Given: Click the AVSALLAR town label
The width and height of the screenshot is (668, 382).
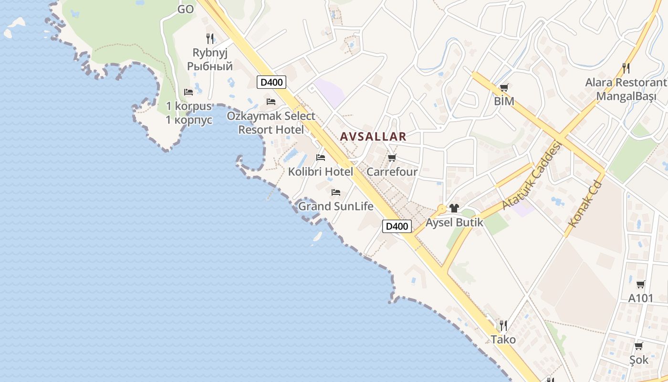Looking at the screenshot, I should click(373, 137).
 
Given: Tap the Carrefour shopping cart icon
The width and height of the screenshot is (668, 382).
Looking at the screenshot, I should click(392, 158).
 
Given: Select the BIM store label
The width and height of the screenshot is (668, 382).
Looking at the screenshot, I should click(504, 101).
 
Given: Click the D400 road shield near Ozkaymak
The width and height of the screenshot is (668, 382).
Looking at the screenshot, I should click(271, 82).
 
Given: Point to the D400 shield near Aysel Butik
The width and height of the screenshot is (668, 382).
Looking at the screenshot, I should click(397, 226).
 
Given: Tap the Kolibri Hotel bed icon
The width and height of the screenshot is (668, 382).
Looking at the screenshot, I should click(321, 157).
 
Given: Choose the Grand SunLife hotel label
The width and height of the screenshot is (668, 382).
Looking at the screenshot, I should click(335, 206).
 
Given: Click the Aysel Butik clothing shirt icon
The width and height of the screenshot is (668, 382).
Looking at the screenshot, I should click(454, 208).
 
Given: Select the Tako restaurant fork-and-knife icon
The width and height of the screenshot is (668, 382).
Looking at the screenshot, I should click(503, 326).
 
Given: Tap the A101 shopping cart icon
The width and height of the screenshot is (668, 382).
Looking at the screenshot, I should click(640, 285).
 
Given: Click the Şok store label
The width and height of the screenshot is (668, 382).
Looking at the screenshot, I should click(638, 359).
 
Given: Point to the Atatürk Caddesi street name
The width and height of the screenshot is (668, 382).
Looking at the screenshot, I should click(530, 176).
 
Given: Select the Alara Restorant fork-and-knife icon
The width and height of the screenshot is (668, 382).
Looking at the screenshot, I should click(626, 68).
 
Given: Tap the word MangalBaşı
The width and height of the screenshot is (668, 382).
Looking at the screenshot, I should click(626, 96).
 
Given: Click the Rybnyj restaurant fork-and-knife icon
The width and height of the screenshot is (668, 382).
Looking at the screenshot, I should click(210, 38).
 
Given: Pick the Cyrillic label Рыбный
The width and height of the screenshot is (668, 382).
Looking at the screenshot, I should click(209, 66).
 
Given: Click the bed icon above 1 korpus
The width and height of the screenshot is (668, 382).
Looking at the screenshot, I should click(188, 92).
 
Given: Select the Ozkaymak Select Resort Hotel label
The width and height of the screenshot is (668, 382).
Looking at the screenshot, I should click(271, 123).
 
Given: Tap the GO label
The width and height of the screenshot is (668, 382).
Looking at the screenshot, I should click(186, 9).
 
